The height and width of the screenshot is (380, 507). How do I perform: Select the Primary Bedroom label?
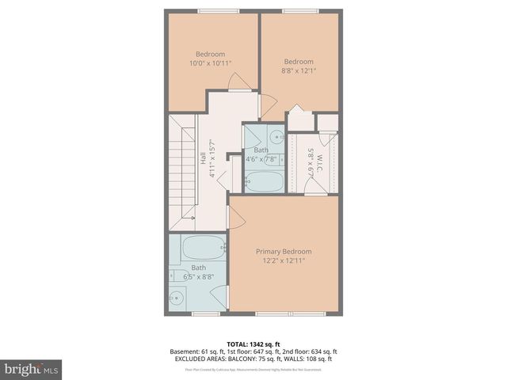(283, 251)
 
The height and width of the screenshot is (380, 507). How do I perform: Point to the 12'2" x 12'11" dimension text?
(283, 260)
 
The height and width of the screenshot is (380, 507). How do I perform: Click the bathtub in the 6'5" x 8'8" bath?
(203, 249)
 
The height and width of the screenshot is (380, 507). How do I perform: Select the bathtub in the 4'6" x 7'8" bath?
(263, 182)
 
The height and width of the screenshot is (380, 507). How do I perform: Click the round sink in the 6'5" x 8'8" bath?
(177, 298)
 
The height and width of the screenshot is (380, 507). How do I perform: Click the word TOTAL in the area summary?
(238, 344)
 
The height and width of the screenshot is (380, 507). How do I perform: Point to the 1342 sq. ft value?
(267, 344)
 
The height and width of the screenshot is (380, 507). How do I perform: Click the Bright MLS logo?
(32, 369)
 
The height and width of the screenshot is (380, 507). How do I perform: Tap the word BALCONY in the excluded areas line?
(241, 359)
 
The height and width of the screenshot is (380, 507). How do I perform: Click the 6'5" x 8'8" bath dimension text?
(199, 276)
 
